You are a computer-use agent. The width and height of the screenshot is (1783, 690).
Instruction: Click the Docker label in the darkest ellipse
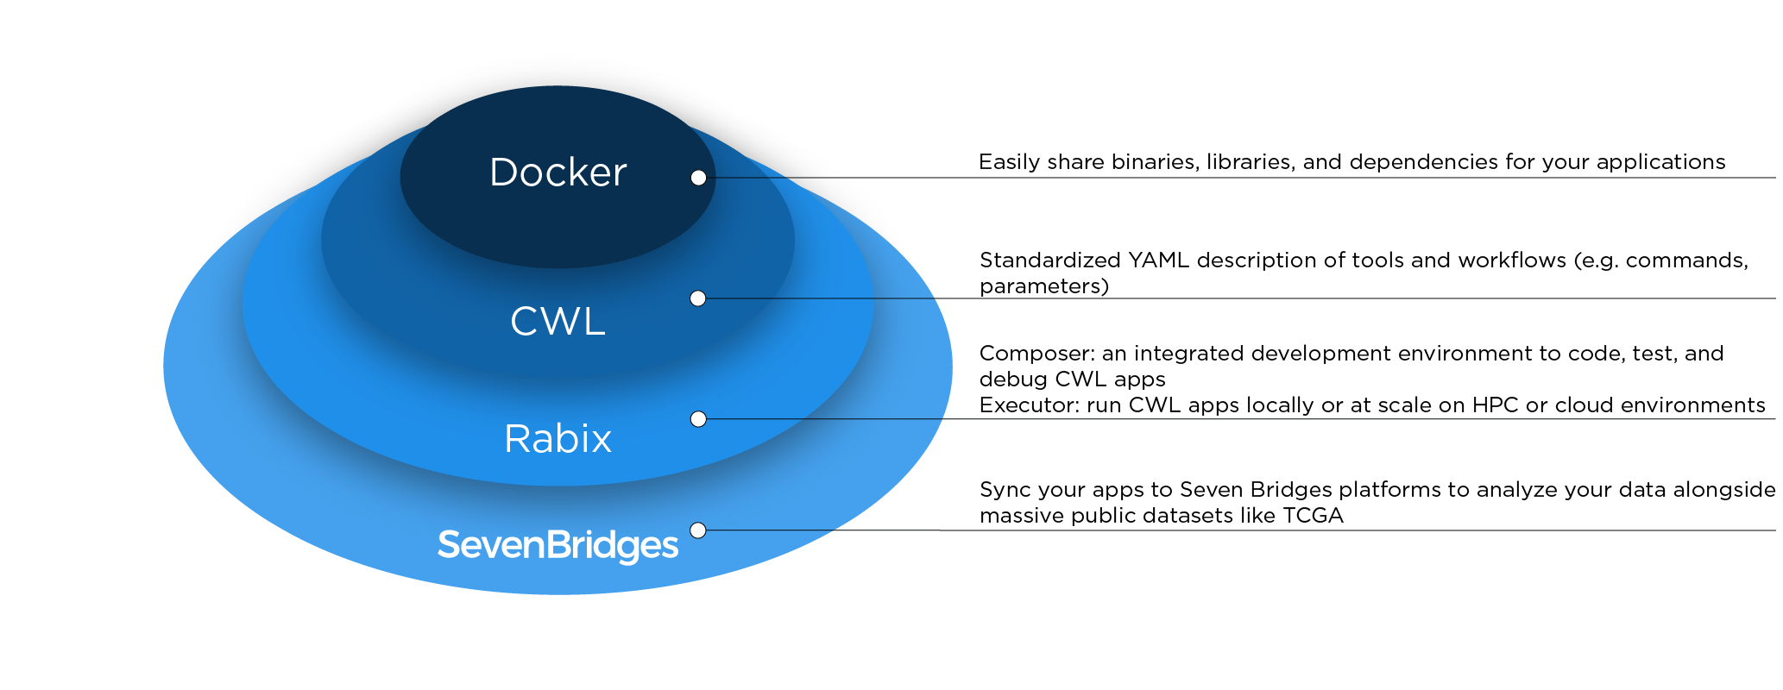pos(558,172)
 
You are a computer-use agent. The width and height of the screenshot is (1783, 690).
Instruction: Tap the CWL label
pos(558,322)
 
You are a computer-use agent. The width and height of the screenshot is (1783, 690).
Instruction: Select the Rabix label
pos(558,439)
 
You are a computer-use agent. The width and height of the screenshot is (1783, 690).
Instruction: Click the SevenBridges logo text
pos(558,545)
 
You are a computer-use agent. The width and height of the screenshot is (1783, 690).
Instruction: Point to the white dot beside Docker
pos(698,178)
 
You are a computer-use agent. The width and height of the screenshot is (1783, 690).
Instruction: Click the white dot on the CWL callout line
pos(698,298)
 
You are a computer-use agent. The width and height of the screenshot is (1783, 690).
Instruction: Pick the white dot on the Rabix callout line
pos(698,419)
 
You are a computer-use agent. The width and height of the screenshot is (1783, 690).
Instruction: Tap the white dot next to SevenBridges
pos(698,530)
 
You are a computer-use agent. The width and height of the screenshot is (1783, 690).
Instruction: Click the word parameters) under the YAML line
pos(1044,287)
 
